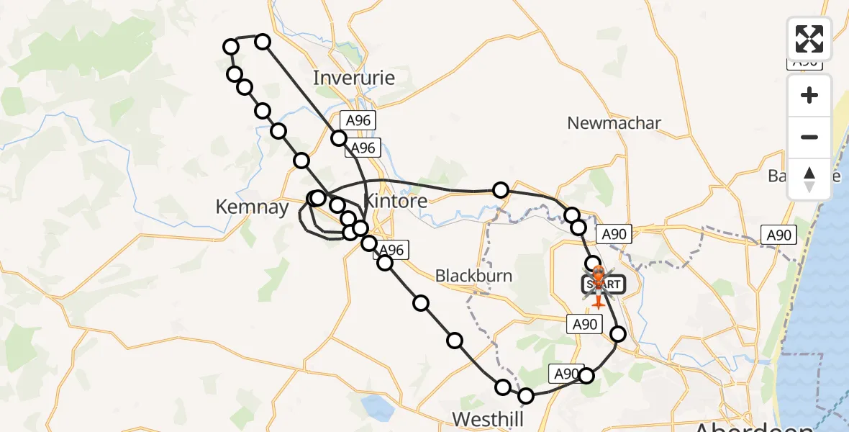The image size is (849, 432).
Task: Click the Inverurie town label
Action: pyautogui.click(x=354, y=78)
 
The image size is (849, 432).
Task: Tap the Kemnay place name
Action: pyautogui.click(x=252, y=208)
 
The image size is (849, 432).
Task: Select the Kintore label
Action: pyautogui.click(x=396, y=201)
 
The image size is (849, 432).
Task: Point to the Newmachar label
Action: pyautogui.click(x=614, y=123)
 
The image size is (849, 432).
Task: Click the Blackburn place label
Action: pyautogui.click(x=473, y=276)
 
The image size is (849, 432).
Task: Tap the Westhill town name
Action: pyautogui.click(x=484, y=418)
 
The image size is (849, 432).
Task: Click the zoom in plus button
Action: pyautogui.click(x=809, y=95)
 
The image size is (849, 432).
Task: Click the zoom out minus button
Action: pyautogui.click(x=809, y=137)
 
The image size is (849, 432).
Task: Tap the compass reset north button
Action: pyautogui.click(x=809, y=179)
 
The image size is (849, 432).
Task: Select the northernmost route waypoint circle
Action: pyautogui.click(x=263, y=42)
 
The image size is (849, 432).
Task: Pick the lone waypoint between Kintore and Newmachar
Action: pyautogui.click(x=501, y=190)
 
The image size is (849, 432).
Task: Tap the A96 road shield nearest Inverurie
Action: pyautogui.click(x=358, y=120)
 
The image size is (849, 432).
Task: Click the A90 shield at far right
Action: pyautogui.click(x=778, y=234)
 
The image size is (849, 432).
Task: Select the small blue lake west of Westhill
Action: pyautogui.click(x=376, y=406)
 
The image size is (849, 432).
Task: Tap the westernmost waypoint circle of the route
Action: pyautogui.click(x=231, y=48)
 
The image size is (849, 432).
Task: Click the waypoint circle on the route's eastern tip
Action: pyautogui.click(x=618, y=333)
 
